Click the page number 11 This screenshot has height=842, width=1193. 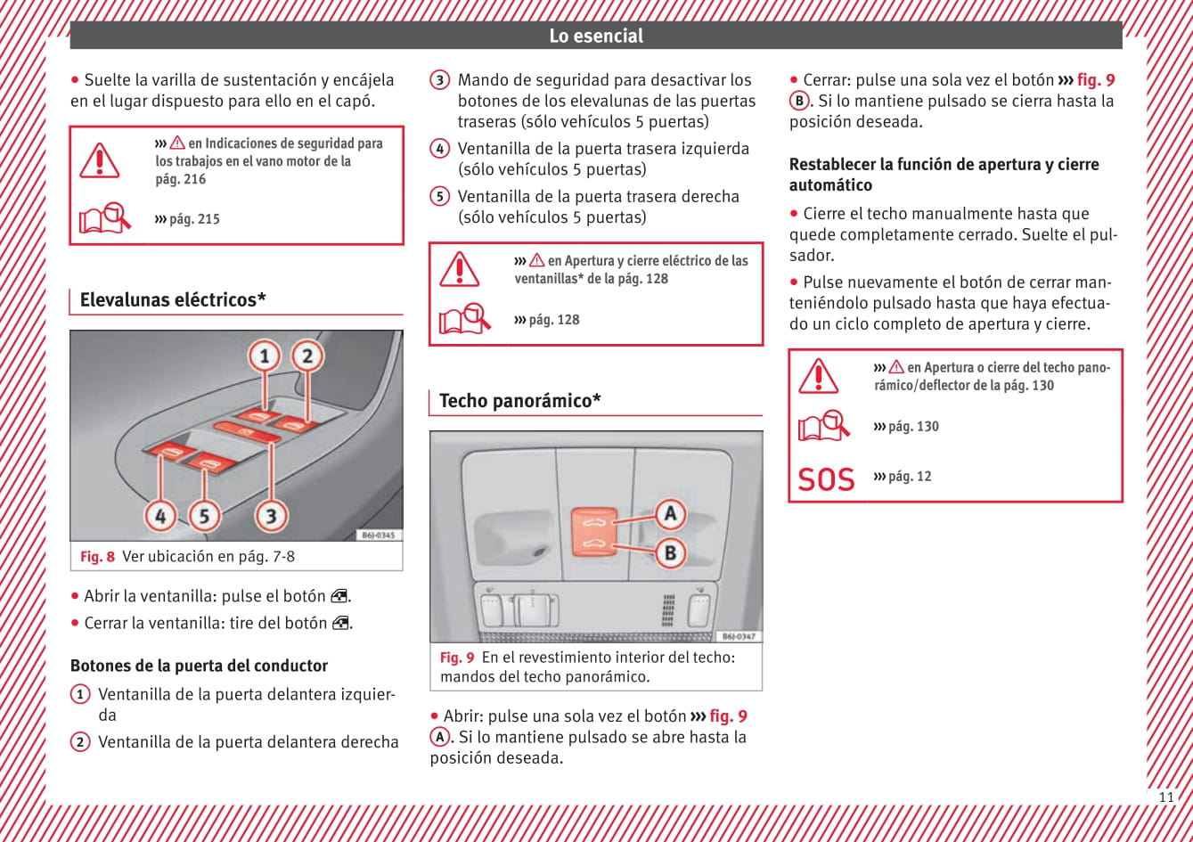(1165, 797)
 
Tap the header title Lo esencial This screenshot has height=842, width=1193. (595, 36)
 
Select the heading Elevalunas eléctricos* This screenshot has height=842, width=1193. (173, 299)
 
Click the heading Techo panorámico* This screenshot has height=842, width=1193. (519, 401)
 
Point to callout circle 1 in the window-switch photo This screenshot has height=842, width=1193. (265, 357)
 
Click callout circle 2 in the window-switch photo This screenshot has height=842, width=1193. (307, 356)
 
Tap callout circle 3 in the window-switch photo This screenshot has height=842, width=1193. (270, 514)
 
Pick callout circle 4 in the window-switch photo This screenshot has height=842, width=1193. (160, 514)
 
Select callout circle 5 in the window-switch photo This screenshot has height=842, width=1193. (204, 514)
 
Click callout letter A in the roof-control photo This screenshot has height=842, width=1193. (670, 513)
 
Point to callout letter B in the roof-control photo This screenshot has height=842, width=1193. (670, 552)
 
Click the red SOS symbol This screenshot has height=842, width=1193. (826, 479)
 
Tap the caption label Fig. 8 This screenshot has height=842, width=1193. (97, 557)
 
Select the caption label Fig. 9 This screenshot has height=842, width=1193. (457, 658)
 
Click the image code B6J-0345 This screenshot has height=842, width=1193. (379, 535)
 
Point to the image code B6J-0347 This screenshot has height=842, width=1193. (739, 636)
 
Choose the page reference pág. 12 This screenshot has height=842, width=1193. (909, 477)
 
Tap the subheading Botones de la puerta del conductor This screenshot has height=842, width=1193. (199, 666)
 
